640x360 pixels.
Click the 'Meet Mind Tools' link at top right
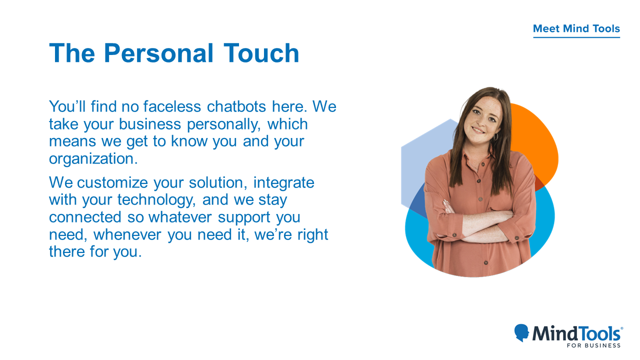576,29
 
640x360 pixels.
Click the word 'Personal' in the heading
158,53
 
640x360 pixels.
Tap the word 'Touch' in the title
261,53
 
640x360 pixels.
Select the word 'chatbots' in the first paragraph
236,106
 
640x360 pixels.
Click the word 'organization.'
93,159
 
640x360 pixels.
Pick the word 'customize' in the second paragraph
112,183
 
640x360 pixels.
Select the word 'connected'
85,217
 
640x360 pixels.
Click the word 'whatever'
180,217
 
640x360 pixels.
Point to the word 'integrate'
283,183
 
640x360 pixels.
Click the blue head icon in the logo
521,332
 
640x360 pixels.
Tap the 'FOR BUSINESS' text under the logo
593,345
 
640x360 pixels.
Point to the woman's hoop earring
495,136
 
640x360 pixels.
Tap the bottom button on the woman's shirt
485,263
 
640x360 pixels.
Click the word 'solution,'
218,183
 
